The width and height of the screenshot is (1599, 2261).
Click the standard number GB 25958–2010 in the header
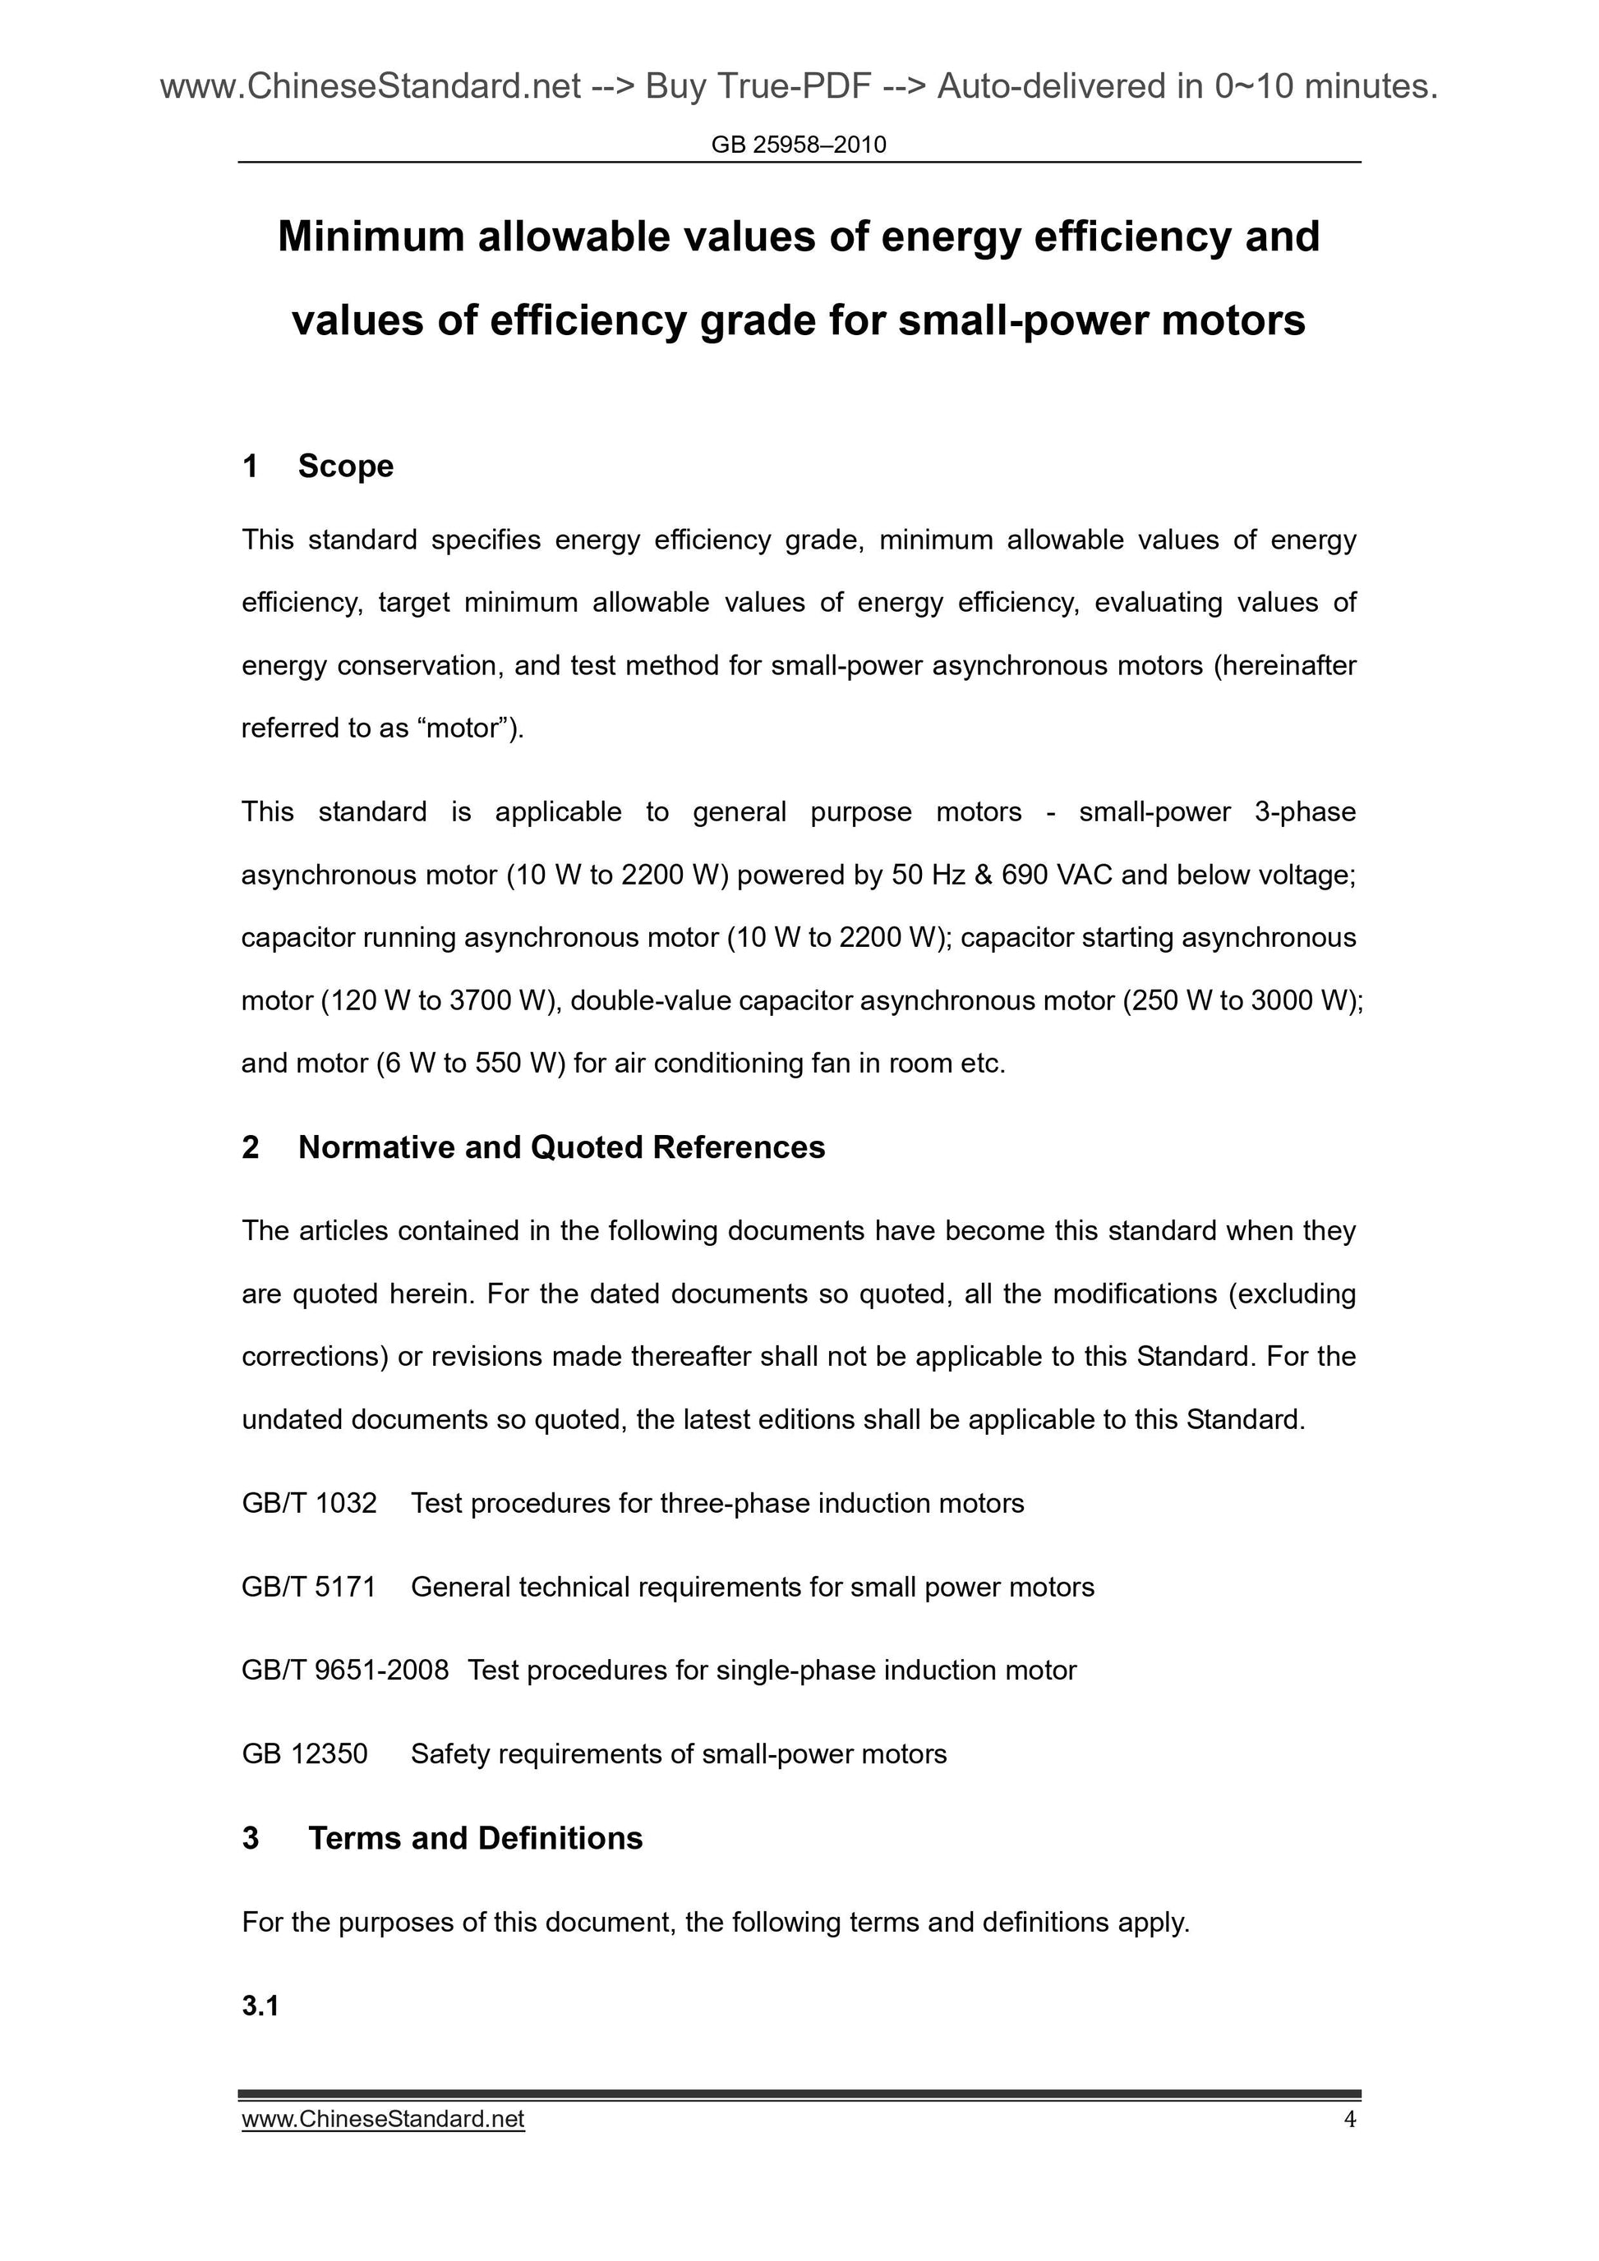(x=798, y=145)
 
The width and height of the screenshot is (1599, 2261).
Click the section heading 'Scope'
(x=345, y=466)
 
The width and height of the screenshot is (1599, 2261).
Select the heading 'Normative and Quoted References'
(x=560, y=1147)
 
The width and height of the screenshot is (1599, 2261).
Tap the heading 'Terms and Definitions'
(x=475, y=1837)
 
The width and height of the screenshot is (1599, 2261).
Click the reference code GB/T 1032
(x=308, y=1503)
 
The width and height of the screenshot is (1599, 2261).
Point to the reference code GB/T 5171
(x=308, y=1587)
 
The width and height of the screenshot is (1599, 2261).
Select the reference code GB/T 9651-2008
(x=345, y=1670)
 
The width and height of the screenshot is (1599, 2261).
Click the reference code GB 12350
(x=304, y=1753)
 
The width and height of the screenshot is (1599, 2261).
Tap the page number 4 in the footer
(x=1350, y=2119)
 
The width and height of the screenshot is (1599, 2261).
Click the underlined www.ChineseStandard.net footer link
(x=382, y=2119)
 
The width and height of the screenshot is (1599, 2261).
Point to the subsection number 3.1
(x=260, y=2006)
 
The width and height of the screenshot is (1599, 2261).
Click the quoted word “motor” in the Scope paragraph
(x=461, y=728)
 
